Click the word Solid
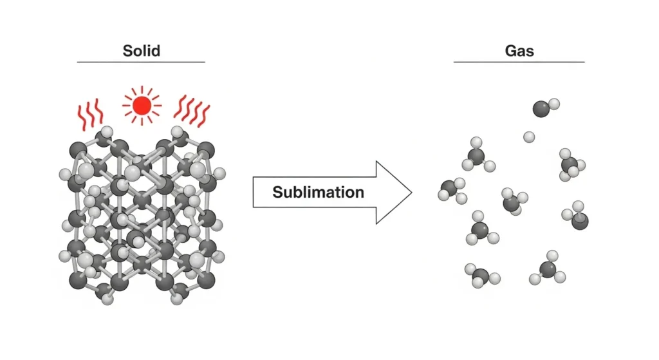coord(141,50)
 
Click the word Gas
coord(519,50)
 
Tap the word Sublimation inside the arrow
coord(318,192)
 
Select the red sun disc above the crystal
coord(142,105)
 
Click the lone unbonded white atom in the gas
coord(529,137)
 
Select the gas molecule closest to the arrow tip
coord(451,190)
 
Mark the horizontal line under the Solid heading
coord(141,62)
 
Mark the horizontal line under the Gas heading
coord(519,62)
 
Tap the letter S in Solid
coord(127,50)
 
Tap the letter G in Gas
coord(509,50)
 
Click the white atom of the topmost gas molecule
coord(554,103)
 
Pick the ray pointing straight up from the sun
coord(142,89)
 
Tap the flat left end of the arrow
coord(254,192)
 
